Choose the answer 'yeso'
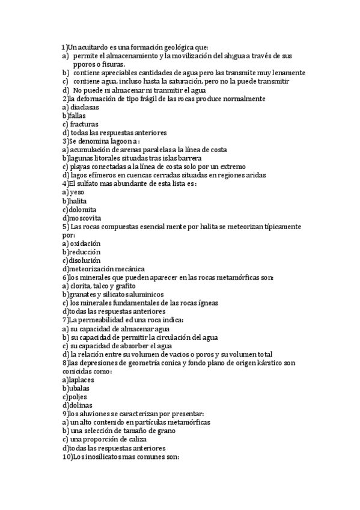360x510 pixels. [x=77, y=192]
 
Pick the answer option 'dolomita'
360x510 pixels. [x=82, y=209]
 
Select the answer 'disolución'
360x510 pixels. [x=85, y=260]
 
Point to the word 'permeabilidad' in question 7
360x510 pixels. [x=108, y=321]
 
